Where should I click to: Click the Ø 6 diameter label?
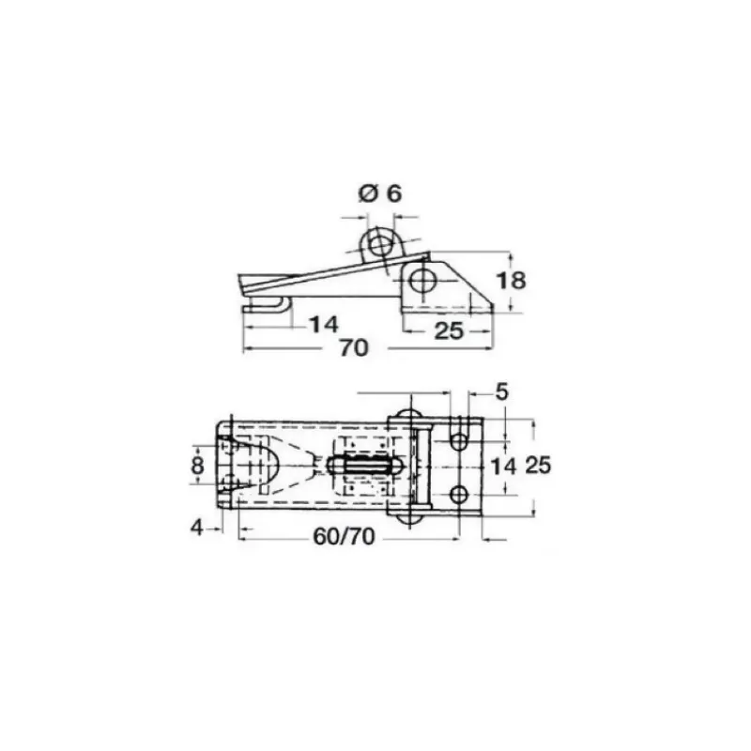[380, 193]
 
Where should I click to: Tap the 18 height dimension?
[511, 280]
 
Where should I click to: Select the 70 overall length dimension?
[354, 347]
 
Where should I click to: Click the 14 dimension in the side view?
[324, 324]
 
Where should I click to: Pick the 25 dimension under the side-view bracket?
[449, 331]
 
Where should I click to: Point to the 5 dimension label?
[501, 392]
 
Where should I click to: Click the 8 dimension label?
[197, 465]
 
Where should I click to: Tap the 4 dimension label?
[197, 528]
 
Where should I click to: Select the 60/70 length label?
[344, 536]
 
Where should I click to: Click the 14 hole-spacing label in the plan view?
[504, 466]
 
